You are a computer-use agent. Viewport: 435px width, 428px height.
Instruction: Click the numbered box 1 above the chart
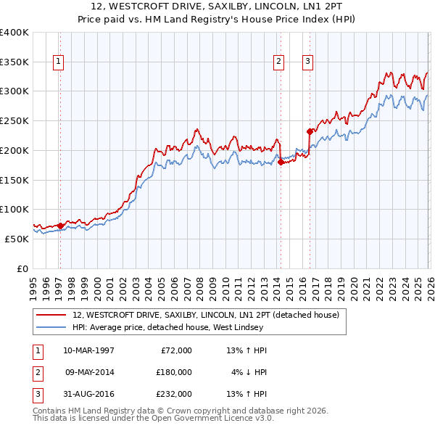(x=58, y=62)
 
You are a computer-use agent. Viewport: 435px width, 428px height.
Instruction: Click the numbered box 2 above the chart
(x=278, y=62)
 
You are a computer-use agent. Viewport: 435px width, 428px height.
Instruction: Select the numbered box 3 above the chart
(x=307, y=62)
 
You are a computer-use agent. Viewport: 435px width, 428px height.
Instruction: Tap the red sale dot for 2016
(x=310, y=131)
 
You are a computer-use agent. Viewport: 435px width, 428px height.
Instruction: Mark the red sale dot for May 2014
(x=281, y=162)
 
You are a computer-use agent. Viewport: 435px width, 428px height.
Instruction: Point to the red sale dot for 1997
(x=60, y=226)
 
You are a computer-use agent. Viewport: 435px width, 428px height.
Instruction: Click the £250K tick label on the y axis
(x=14, y=120)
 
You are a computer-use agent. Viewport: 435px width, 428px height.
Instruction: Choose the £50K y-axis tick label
(x=17, y=239)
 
